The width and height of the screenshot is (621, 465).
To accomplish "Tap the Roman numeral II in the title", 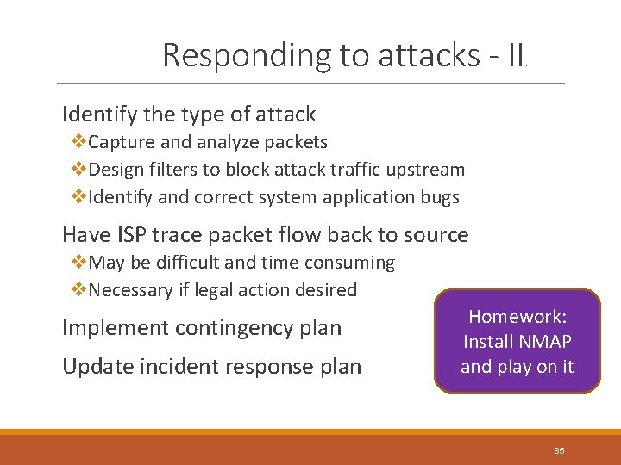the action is [517, 55].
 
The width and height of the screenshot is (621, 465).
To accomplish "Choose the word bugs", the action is [439, 197].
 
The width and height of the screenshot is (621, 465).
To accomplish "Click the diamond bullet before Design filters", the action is [79, 170].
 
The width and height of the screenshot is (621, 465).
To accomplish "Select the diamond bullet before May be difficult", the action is [79, 263].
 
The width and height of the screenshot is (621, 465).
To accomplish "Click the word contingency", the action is [223, 328].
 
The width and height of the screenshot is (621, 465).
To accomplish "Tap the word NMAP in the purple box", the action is [543, 341].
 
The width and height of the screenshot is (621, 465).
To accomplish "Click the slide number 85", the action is [559, 451].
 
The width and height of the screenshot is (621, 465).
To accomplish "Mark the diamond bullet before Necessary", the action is [79, 290].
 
